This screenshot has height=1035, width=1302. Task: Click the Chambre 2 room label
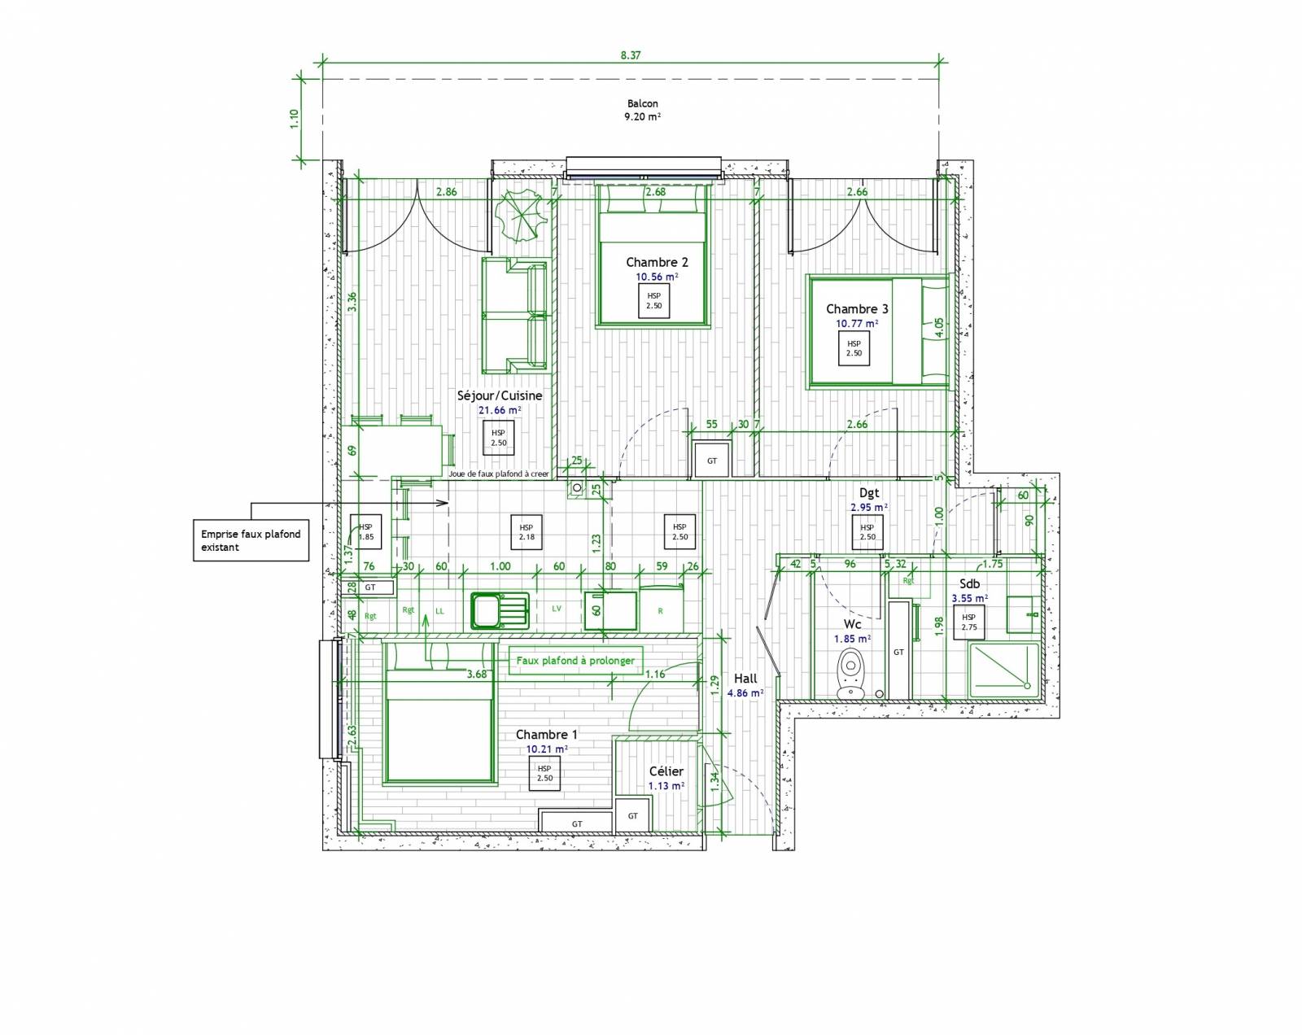[x=657, y=262]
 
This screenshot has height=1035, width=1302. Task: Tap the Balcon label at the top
[x=642, y=104]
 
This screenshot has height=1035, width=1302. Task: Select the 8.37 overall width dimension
[x=630, y=55]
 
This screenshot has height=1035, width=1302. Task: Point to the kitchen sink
[x=499, y=610]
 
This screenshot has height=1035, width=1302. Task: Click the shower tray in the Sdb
[x=1003, y=670]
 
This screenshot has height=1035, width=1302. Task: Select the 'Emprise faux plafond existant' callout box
[x=251, y=540]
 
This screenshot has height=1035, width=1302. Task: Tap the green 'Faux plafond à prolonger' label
[x=575, y=660]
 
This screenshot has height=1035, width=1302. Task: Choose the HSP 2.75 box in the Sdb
[x=968, y=622]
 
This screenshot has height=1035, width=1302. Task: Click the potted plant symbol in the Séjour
[x=519, y=215]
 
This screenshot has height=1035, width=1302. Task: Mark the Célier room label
[x=666, y=771]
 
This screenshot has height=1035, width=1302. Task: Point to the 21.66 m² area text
[x=500, y=410]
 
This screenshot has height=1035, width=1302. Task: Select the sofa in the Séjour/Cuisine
[x=514, y=313]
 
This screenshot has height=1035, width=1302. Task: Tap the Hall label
[x=745, y=679]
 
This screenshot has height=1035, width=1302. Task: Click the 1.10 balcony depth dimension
[x=295, y=119]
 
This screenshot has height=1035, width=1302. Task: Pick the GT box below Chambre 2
[x=712, y=461]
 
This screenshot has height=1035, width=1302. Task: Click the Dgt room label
[x=869, y=492]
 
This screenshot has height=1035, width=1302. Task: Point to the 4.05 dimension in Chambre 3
[x=939, y=327]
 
